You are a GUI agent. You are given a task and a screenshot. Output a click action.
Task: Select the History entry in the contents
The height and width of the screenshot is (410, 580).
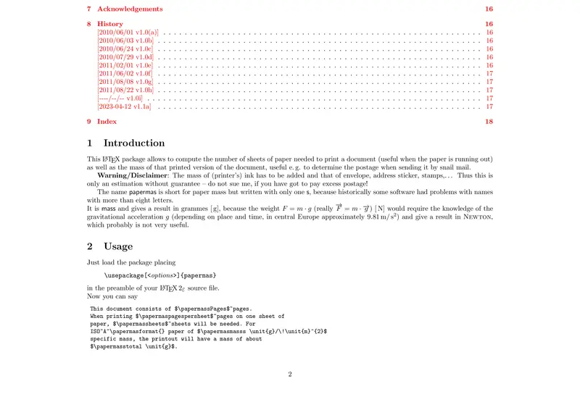[110, 24]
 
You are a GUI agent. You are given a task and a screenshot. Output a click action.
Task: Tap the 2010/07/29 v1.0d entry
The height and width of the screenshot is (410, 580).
[125, 57]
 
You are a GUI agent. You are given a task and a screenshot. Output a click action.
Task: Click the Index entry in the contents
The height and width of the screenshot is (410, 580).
[107, 122]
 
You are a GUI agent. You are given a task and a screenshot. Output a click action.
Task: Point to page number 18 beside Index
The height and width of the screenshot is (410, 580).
[489, 122]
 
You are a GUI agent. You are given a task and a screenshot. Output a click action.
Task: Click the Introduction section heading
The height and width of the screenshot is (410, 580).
[134, 143]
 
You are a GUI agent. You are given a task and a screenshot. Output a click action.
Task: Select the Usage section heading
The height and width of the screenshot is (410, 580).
[118, 246]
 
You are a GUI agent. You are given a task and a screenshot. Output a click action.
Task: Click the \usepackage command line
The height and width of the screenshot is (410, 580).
[160, 276]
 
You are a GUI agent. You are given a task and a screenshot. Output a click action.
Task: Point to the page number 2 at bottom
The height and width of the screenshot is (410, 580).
[290, 375]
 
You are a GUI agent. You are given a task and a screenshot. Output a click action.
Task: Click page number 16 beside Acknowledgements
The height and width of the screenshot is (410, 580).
[489, 9]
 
